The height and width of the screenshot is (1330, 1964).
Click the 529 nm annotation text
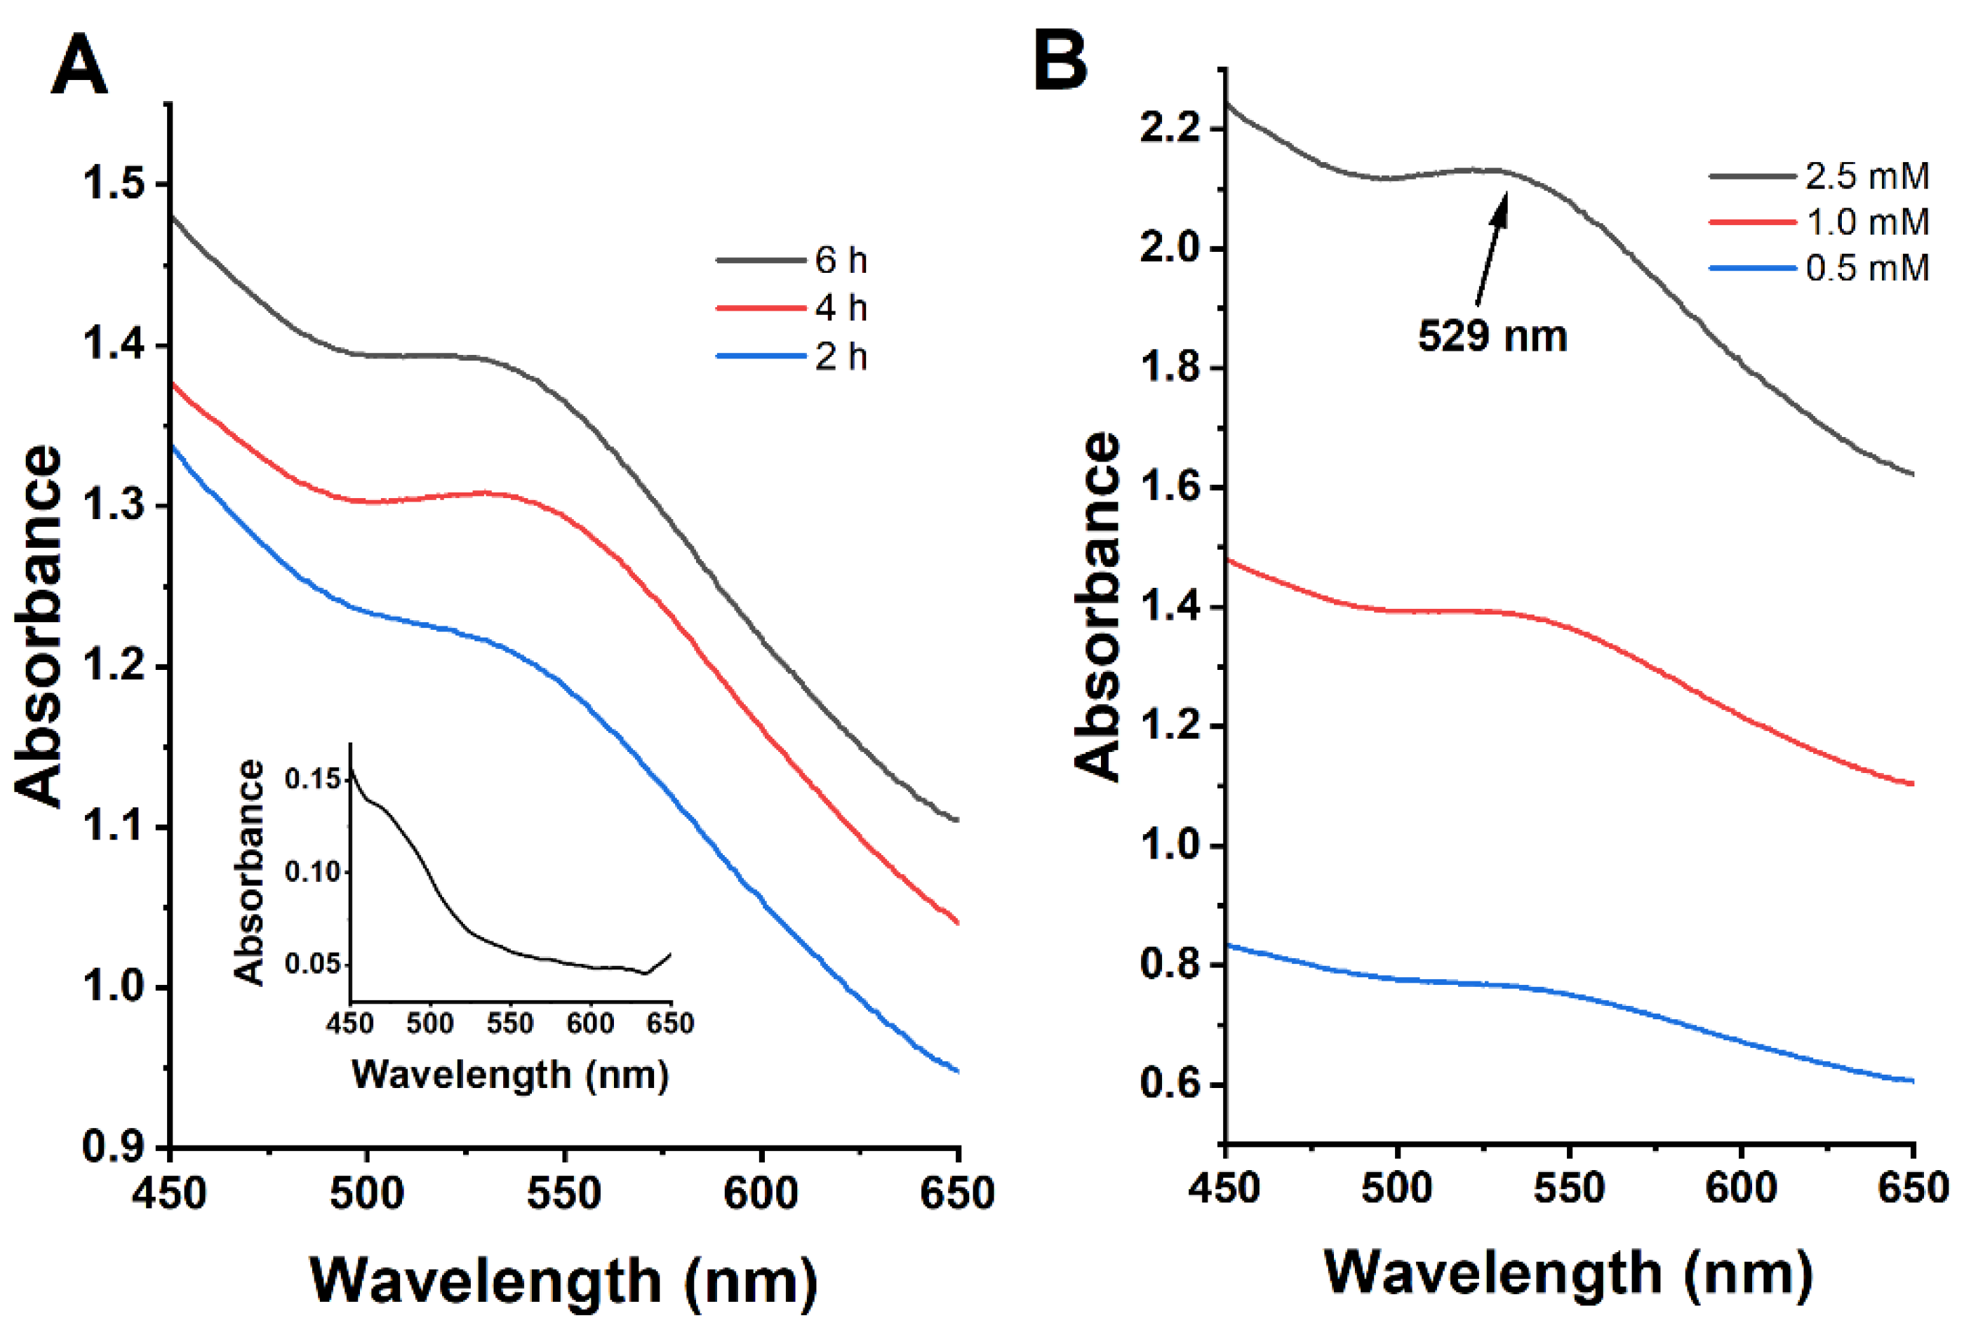click(x=1492, y=336)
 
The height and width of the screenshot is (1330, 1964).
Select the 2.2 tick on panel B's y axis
click(x=1170, y=129)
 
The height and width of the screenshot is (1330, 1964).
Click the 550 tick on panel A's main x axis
click(x=563, y=1194)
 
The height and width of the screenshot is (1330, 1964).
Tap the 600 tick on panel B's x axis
click(x=1741, y=1189)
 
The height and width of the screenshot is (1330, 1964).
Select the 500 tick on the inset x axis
click(x=429, y=1024)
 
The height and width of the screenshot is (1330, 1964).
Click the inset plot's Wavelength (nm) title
click(x=510, y=1075)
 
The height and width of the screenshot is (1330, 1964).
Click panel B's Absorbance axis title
click(x=1098, y=606)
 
